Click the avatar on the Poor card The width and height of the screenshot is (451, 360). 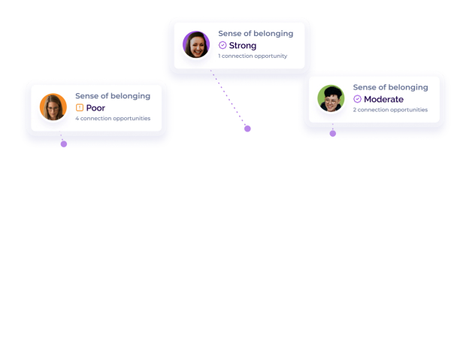53,107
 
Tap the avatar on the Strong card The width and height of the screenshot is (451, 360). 196,44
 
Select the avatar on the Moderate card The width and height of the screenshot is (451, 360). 331,98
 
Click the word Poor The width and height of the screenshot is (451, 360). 95,108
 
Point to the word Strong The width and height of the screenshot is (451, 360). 242,46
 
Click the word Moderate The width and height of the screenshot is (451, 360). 383,99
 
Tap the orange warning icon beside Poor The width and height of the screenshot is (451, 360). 80,108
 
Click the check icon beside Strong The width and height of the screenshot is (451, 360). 222,46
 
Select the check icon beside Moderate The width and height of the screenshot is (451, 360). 357,99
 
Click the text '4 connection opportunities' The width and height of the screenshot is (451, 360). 113,119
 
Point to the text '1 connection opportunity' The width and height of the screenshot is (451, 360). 253,56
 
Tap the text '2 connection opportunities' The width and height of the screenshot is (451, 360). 390,110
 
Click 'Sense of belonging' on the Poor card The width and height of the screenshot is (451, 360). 113,96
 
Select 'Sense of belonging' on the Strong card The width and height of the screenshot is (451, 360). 256,34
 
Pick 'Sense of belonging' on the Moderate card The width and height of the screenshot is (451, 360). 391,87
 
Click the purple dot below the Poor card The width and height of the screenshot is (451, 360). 64,144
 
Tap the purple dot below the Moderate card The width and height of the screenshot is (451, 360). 332,134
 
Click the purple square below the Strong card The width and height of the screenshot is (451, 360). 247,129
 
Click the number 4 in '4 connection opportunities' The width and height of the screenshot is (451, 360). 77,119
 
